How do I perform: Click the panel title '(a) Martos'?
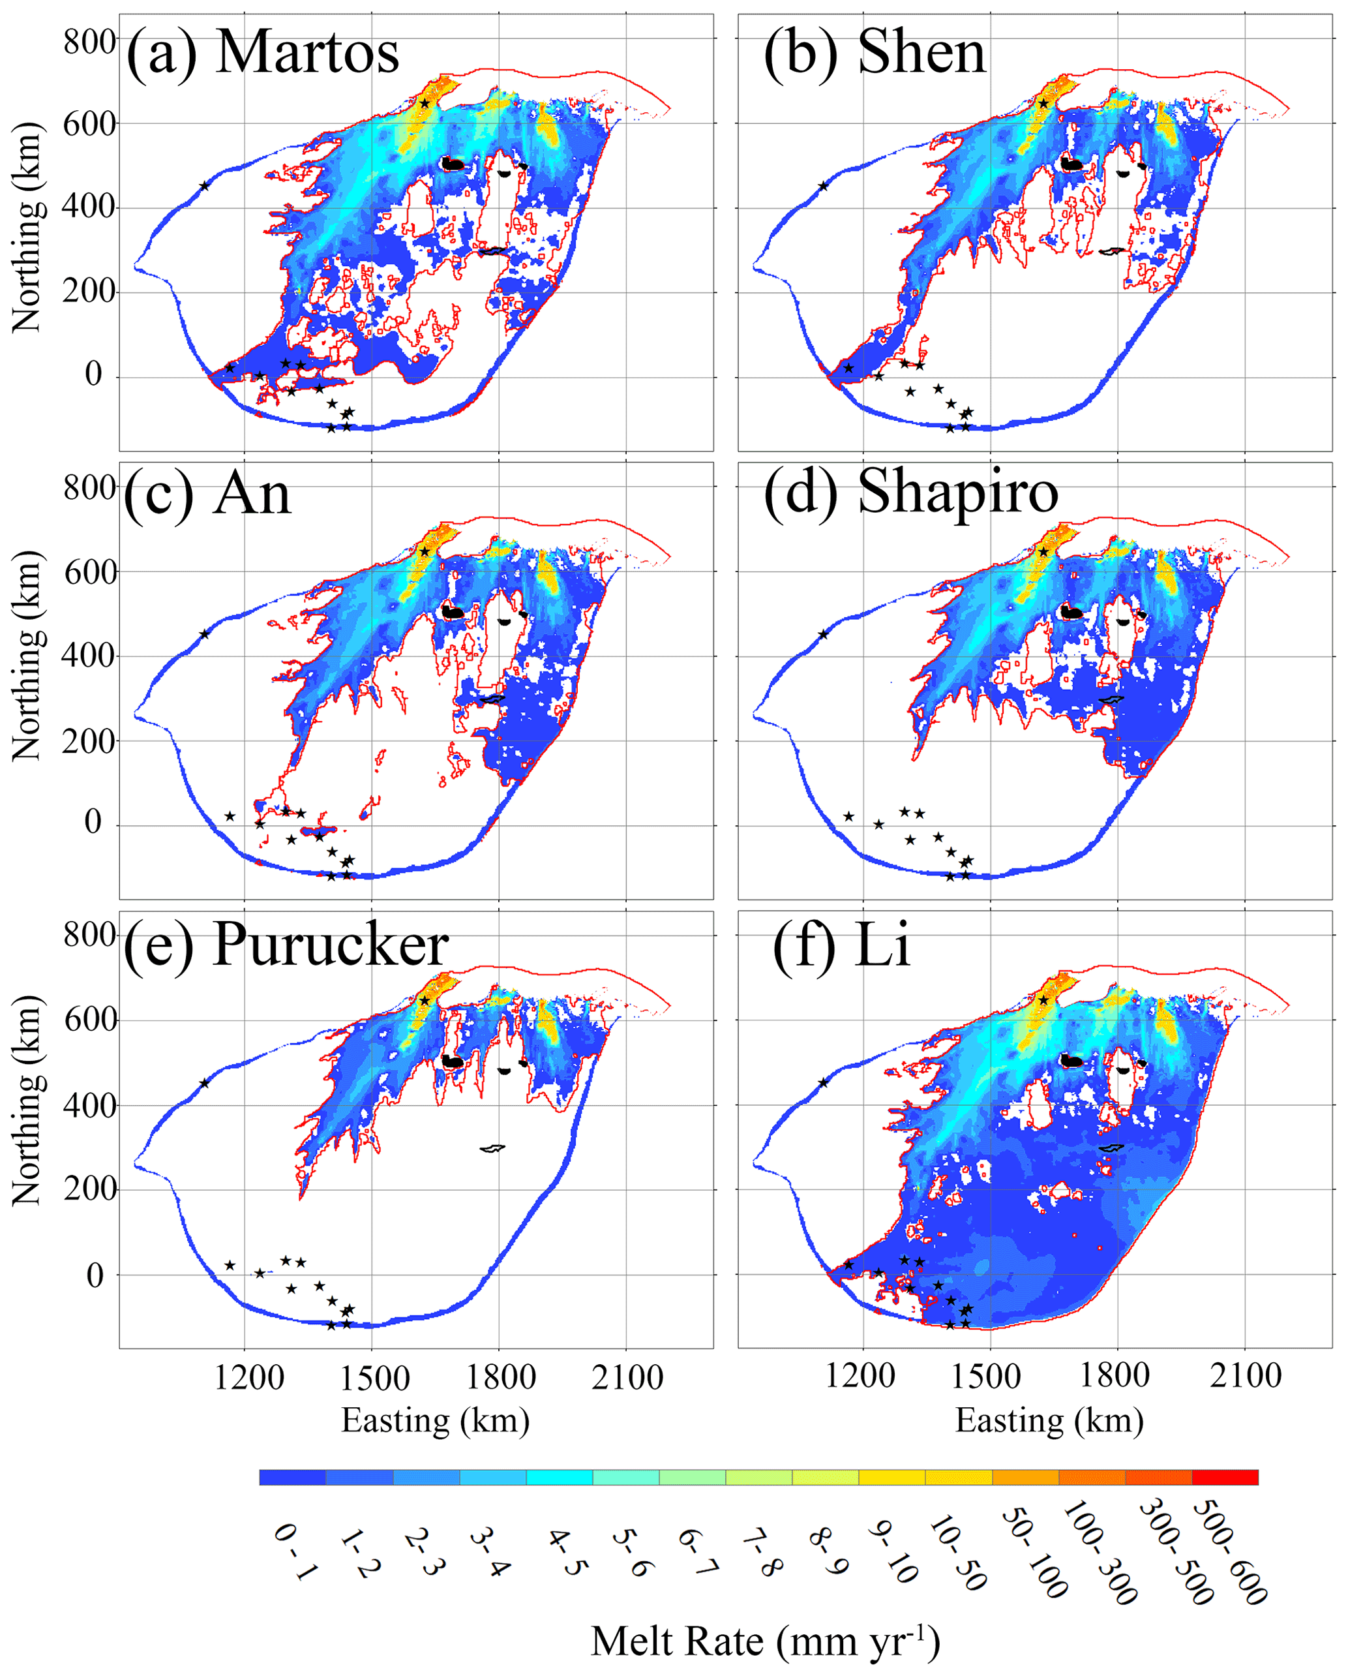263,53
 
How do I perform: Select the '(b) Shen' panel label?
875,53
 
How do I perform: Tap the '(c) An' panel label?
207,494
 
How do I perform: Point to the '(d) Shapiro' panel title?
910,495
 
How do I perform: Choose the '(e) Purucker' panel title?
286,946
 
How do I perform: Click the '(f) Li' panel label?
841,946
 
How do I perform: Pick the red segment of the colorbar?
1225,1477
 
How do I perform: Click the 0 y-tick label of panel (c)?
93,823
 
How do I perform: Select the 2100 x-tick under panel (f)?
1246,1376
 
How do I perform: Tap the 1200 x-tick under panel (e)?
249,1377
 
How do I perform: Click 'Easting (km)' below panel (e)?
435,1420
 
